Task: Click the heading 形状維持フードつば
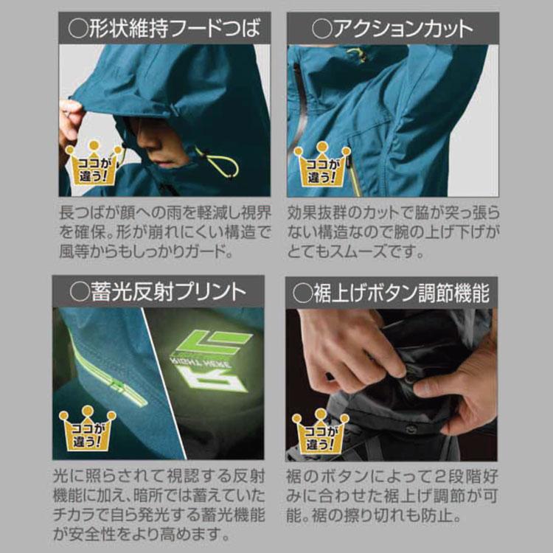point(164,29)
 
